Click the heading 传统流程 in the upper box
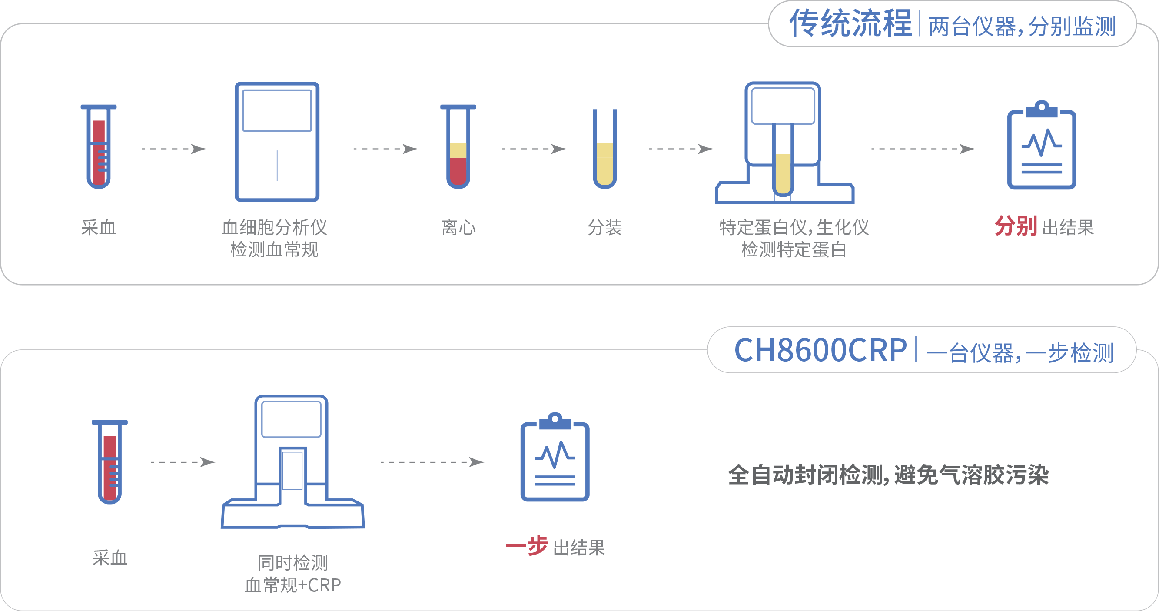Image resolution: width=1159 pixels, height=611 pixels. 850,23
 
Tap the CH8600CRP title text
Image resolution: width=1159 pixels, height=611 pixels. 820,350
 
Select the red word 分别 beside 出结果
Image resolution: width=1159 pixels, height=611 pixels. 1016,226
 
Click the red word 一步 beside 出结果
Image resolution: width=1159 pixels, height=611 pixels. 526,547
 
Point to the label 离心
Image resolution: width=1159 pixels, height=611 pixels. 458,228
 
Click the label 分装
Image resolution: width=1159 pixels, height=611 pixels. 604,228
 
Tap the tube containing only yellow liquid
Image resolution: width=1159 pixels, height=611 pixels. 604,151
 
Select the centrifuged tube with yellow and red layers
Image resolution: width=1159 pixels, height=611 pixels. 458,149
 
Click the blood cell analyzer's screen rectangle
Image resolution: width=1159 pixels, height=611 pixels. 277,111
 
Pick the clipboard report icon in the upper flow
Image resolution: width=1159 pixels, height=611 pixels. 1041,146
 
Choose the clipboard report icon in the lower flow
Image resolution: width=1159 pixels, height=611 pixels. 555,459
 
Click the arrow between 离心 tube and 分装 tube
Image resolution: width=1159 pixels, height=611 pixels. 535,149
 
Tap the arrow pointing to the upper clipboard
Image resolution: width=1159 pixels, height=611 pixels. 923,149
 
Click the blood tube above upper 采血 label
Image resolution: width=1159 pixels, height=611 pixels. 99,149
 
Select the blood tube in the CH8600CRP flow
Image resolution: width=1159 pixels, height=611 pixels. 110,463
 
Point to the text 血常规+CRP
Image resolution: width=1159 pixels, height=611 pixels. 292,585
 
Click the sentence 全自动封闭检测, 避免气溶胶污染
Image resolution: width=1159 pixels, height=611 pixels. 888,475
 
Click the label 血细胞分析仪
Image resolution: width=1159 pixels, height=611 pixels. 274,228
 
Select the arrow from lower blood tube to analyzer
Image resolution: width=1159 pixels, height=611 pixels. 183,462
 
